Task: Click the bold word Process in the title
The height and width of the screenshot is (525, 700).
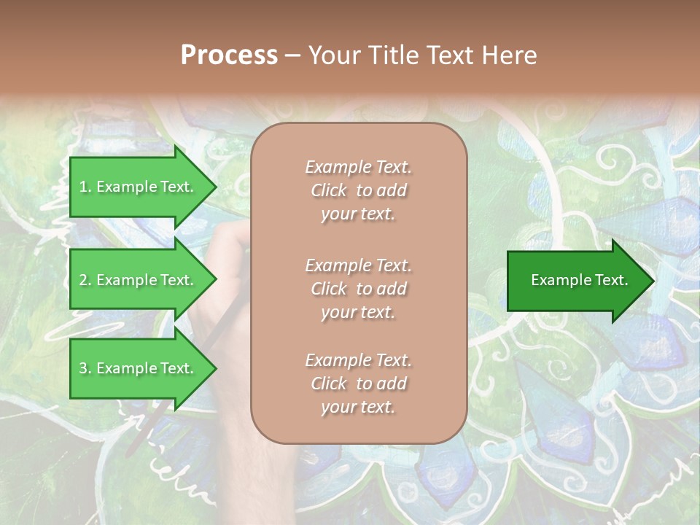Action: click(x=229, y=55)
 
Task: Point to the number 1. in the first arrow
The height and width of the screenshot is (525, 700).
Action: click(x=85, y=187)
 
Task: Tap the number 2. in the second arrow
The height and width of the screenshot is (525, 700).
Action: click(x=85, y=280)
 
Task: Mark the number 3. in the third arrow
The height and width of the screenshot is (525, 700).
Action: click(x=85, y=368)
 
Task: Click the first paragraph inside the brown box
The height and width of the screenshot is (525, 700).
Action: click(x=358, y=190)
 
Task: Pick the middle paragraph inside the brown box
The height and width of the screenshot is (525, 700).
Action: click(x=358, y=289)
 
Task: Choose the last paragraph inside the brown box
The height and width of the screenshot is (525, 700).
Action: click(x=358, y=384)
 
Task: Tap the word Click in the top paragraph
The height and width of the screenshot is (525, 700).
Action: click(x=329, y=190)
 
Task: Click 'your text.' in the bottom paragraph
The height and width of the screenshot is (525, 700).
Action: click(x=358, y=407)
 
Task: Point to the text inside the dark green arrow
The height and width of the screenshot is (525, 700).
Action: click(x=580, y=280)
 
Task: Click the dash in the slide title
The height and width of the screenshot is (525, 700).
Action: click(x=292, y=55)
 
